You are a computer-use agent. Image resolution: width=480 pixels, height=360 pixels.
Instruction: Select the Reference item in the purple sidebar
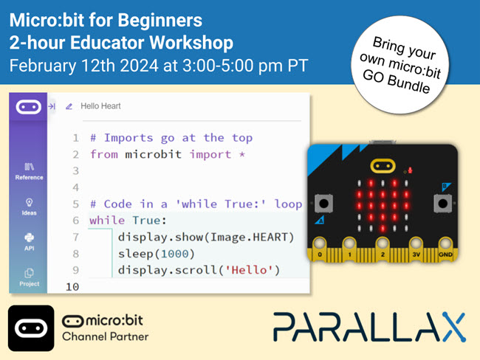click(x=29, y=171)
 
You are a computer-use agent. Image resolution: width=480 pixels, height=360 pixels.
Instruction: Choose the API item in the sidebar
click(x=29, y=242)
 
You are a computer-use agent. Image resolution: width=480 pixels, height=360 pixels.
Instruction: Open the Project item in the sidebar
click(x=29, y=277)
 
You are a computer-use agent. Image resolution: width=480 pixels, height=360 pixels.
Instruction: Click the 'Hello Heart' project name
click(x=100, y=106)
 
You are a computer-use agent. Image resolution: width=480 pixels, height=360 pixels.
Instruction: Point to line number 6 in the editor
click(x=75, y=220)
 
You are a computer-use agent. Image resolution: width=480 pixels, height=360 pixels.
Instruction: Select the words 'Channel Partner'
click(x=105, y=337)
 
